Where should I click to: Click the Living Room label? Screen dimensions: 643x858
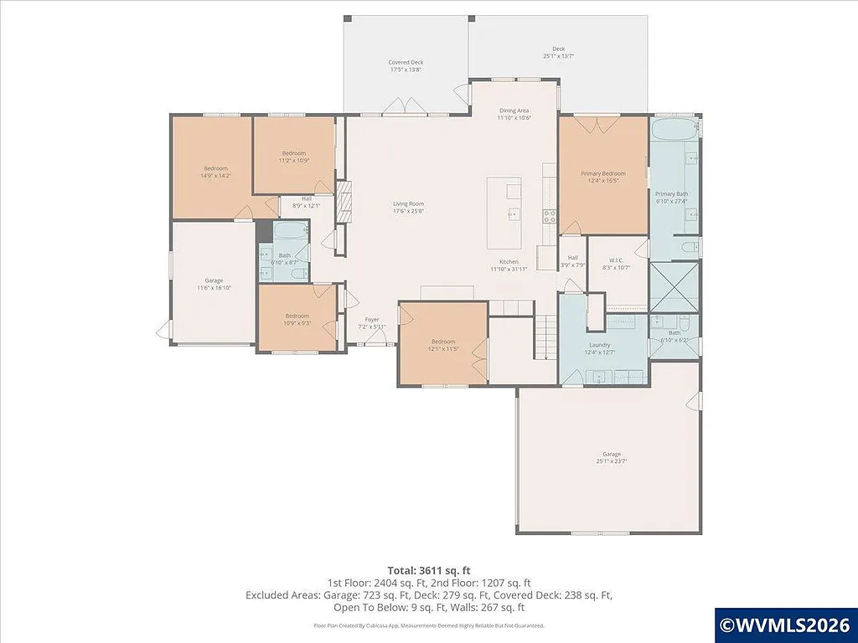click(409, 203)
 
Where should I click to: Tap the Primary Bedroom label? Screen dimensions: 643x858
click(603, 174)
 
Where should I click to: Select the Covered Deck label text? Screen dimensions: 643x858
click(406, 62)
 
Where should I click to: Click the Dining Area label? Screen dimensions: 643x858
click(514, 111)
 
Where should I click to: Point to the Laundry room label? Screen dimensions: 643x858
click(599, 344)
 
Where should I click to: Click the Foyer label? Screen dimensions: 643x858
click(372, 320)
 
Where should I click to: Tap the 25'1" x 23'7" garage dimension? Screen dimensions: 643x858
click(609, 461)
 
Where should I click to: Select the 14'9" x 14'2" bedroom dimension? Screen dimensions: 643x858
click(215, 176)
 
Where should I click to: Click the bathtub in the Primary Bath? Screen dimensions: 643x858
click(674, 131)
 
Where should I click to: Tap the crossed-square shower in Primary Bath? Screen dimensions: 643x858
click(674, 286)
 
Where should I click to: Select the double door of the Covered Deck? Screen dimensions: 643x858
click(397, 106)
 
